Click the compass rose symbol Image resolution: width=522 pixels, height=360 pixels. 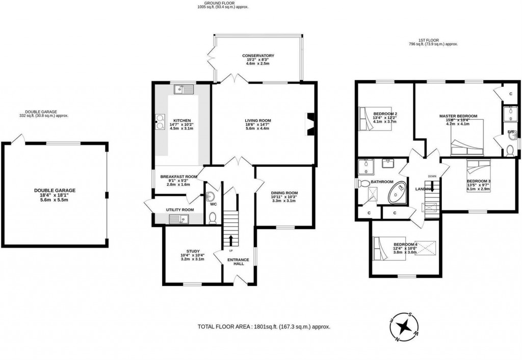pos(404,326)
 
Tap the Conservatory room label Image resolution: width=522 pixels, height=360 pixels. pos(258,56)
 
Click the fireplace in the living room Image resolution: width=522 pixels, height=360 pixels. pos(309,124)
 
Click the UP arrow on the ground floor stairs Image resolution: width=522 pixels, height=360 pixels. pos(230,241)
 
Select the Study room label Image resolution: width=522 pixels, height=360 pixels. pos(192,251)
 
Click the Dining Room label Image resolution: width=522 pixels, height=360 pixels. pos(284,193)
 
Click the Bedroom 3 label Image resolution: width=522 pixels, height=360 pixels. pos(478,181)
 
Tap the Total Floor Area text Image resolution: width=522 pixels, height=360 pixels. pos(264,326)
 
